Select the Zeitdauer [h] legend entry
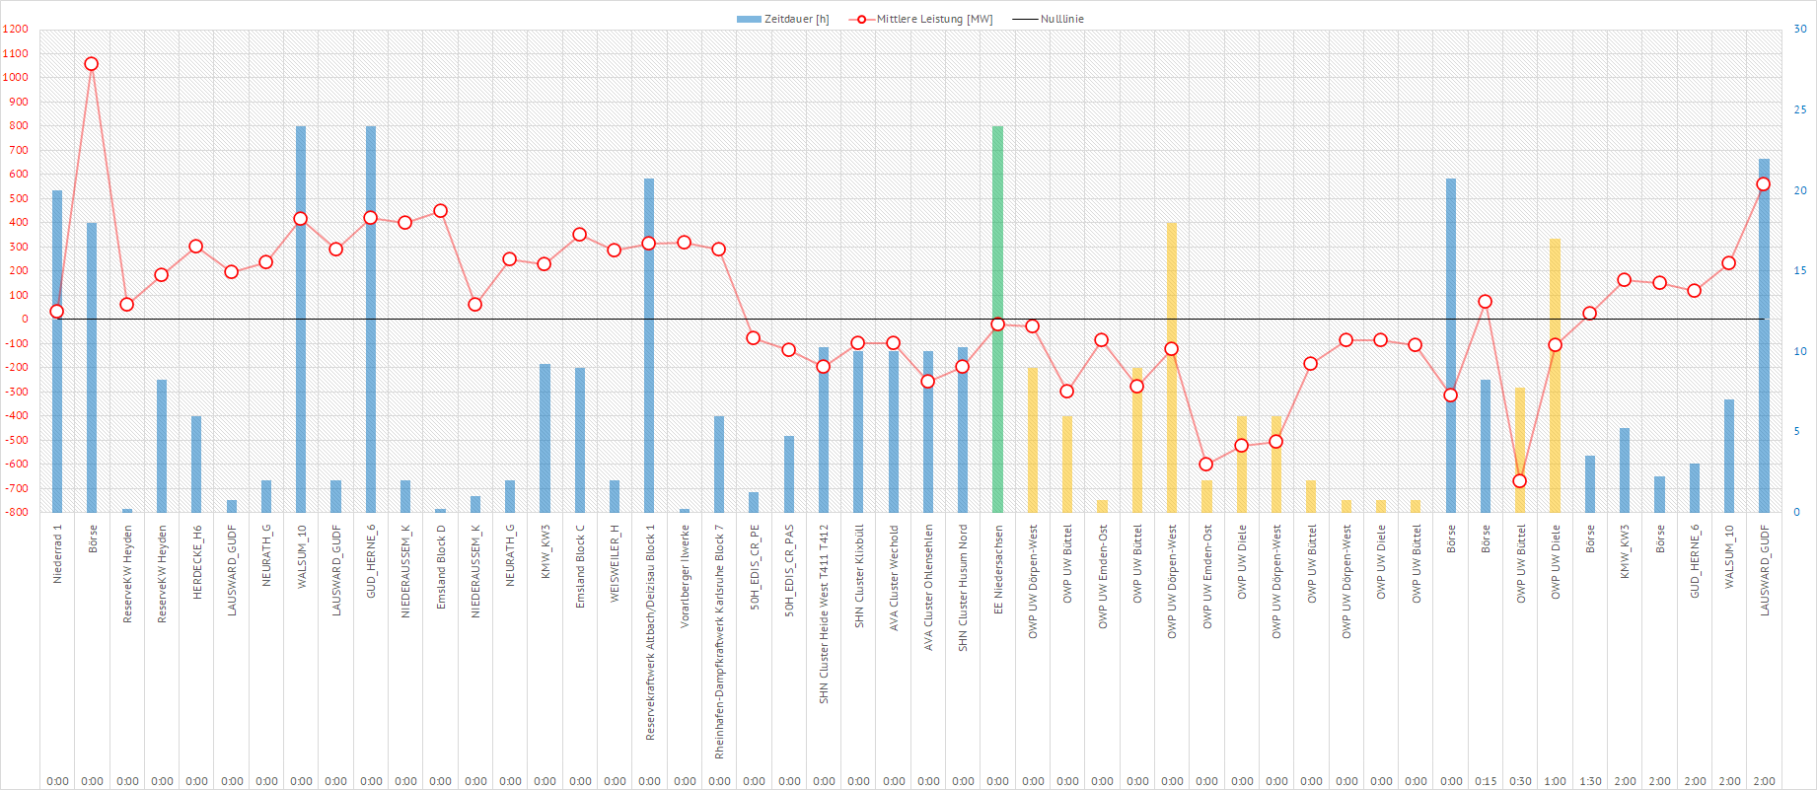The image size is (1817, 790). pos(783,19)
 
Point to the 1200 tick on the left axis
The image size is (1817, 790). pos(16,30)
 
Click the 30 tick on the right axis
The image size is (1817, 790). pos(1800,30)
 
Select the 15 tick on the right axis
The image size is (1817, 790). pos(1800,270)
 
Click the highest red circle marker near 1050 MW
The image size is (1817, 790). pos(92,64)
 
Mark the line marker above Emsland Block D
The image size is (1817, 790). pos(440,211)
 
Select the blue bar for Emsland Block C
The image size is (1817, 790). pos(580,440)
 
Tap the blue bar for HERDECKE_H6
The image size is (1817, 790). pos(196,464)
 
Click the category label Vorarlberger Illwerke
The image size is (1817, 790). pos(685,576)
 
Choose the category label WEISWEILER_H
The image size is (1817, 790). pos(615,563)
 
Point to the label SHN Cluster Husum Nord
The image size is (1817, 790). pos(963,587)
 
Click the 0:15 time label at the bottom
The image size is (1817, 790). pos(1486,781)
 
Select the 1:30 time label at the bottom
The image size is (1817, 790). pos(1590,781)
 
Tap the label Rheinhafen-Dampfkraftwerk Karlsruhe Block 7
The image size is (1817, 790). pos(719,641)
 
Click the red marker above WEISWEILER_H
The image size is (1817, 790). pos(615,250)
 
